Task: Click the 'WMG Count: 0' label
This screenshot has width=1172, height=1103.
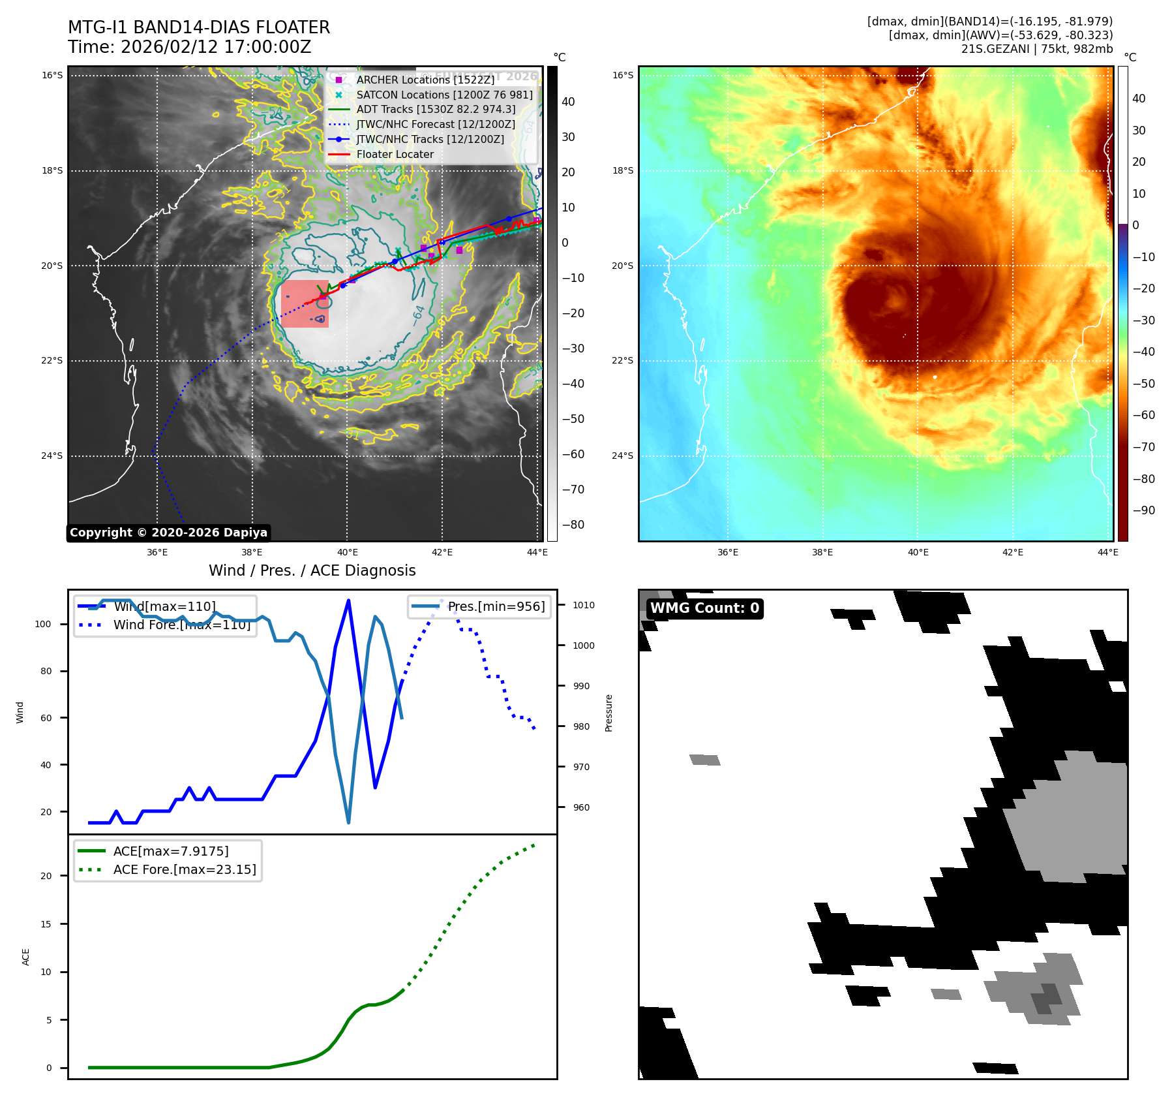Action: (704, 608)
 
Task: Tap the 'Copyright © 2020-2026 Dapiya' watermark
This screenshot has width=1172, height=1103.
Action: (168, 533)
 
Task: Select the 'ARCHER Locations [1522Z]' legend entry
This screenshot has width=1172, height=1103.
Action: (425, 80)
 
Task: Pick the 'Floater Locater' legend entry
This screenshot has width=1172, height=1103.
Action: (395, 155)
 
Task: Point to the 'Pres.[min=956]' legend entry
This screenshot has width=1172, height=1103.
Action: (496, 606)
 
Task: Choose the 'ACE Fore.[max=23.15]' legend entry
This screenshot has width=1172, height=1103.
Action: (185, 869)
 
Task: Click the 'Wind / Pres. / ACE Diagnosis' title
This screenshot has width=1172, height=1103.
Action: (312, 570)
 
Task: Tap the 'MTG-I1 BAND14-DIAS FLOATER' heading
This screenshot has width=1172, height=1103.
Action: (199, 27)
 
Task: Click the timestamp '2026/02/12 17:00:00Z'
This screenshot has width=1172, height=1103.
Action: (216, 47)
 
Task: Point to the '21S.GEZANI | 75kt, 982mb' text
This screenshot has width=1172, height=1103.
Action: (1036, 49)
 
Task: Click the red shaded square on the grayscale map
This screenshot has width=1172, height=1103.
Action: (305, 304)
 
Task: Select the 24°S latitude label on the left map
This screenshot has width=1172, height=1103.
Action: (52, 456)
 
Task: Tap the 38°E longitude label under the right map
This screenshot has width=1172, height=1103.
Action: (822, 552)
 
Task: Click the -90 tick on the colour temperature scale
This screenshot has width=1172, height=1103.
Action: (1143, 510)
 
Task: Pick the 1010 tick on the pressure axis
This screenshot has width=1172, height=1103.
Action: (583, 605)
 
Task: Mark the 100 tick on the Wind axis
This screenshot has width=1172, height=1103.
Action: (42, 624)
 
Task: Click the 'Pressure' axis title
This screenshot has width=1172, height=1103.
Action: (609, 713)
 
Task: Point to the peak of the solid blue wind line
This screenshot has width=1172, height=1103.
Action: (348, 600)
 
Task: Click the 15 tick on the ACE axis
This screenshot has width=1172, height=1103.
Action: (46, 924)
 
